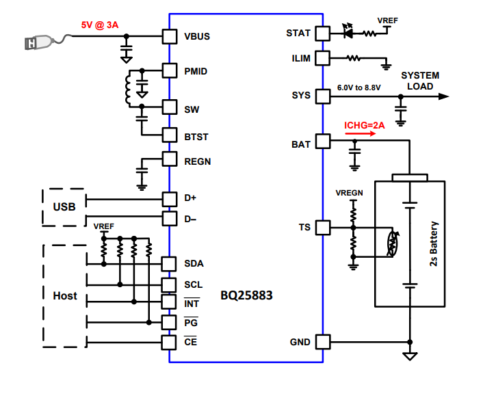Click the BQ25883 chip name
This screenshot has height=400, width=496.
[x=245, y=297]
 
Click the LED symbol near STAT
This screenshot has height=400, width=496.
[x=348, y=31]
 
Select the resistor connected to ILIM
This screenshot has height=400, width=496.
[x=354, y=59]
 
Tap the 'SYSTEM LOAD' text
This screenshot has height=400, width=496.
[x=420, y=81]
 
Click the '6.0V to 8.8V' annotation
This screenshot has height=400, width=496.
[x=359, y=88]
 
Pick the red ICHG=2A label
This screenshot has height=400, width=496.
[x=365, y=125]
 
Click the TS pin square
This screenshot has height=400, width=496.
[x=322, y=227]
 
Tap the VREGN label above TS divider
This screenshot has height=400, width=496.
[x=349, y=194]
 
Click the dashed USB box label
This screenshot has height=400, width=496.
[x=64, y=206]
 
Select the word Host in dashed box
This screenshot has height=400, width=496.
[x=65, y=296]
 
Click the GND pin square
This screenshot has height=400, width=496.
[x=322, y=342]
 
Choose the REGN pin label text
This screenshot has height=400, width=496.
[x=198, y=161]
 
